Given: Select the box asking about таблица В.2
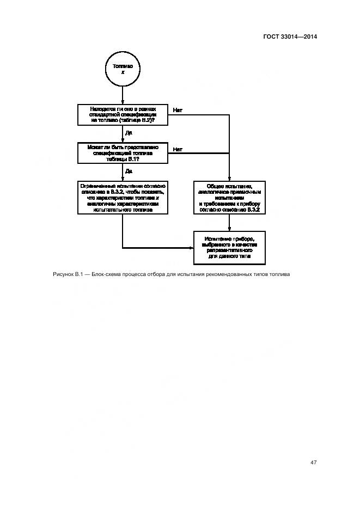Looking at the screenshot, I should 123,114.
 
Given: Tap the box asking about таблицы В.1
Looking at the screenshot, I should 123,153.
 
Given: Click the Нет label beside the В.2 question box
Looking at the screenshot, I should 178,110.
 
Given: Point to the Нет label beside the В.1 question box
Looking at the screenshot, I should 178,149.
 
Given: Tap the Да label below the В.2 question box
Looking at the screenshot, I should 129,132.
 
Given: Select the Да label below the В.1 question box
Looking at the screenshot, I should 129,171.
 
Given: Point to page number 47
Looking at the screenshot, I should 313,462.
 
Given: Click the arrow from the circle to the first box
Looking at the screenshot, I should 123,95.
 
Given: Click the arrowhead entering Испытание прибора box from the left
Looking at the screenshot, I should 192,248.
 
